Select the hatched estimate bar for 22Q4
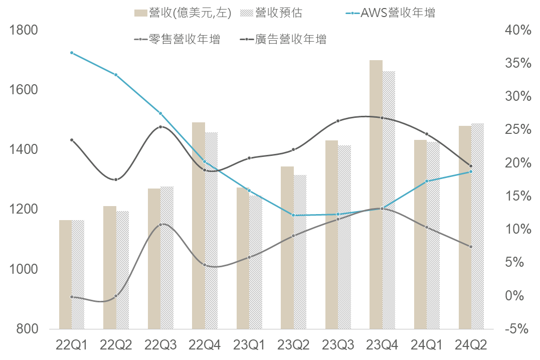click(x=212, y=231)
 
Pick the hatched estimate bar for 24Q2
click(x=477, y=226)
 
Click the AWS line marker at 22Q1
click(x=72, y=53)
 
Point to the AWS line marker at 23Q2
click(x=293, y=215)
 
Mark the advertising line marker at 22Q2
click(x=116, y=179)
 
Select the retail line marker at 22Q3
click(x=160, y=225)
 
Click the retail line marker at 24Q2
click(x=471, y=247)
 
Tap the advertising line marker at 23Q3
click(x=338, y=121)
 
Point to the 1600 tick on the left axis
click(x=24, y=90)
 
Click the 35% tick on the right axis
click(x=517, y=63)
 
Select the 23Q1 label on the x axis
click(x=249, y=345)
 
